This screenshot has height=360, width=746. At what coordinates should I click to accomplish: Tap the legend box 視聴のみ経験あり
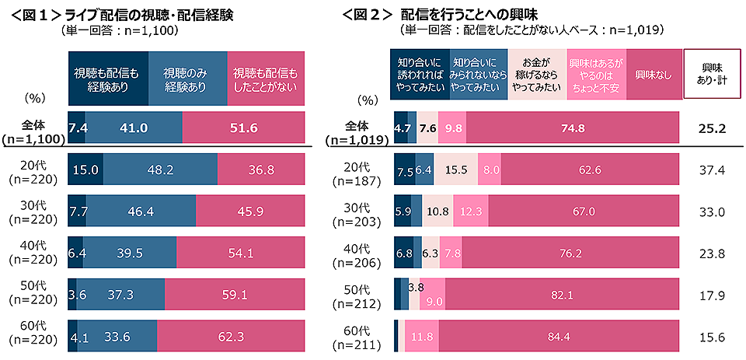point(187,78)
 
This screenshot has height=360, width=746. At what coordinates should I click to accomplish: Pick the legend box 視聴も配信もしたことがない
point(266,78)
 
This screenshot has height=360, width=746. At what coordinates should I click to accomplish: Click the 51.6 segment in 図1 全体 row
point(242,128)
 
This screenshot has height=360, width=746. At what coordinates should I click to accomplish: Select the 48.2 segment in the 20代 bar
point(160,169)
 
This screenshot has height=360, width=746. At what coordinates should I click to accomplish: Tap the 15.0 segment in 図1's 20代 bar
point(85,169)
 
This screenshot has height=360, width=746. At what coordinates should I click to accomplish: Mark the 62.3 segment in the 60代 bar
point(230,337)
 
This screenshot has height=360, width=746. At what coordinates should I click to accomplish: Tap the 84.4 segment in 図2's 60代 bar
point(558,337)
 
